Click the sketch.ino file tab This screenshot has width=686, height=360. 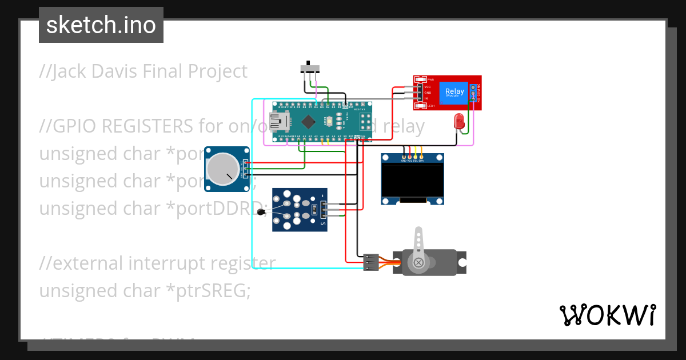pos(101,25)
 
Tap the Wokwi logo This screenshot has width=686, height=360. pos(607,315)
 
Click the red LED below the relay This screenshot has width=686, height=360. pos(458,121)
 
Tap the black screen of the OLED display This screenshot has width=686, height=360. pos(412,181)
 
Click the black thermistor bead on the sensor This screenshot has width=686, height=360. pos(262,213)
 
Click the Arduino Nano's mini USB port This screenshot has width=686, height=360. pos(280,121)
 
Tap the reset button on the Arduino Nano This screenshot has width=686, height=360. pos(329,121)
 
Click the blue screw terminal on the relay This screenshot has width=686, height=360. pos(473,93)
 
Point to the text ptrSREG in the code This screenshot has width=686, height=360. pos(212,291)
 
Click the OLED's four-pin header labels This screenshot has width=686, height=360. pos(412,161)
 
